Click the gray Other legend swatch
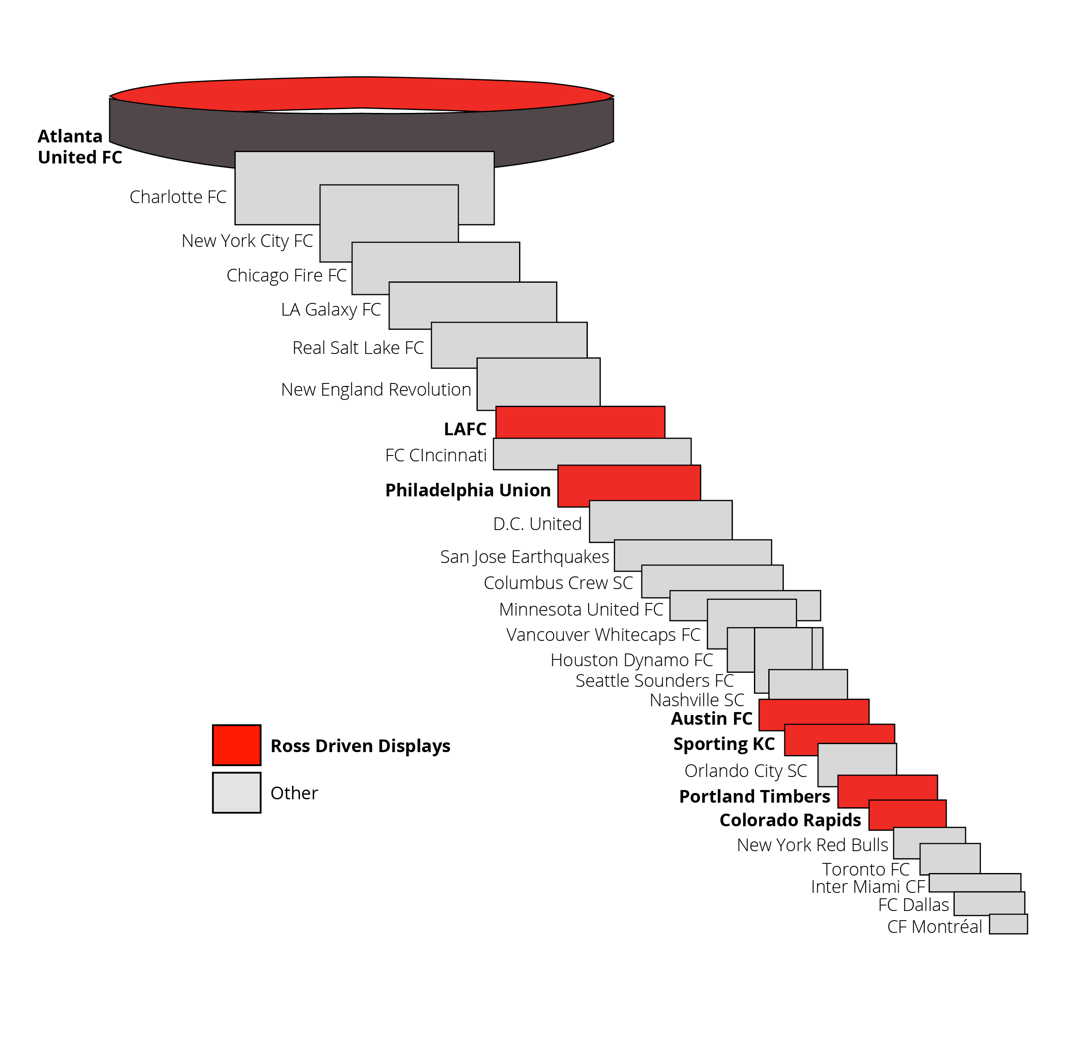(x=237, y=793)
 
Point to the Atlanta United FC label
(x=80, y=147)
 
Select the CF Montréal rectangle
(x=1008, y=924)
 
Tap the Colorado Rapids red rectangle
(x=907, y=814)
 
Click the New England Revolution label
(x=376, y=389)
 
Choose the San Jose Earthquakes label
(x=525, y=557)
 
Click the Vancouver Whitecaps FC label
(x=603, y=635)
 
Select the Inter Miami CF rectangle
(x=975, y=882)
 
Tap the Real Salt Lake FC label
(x=358, y=348)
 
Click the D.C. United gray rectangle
(x=660, y=521)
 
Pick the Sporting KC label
(x=724, y=744)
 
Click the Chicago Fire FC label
(x=286, y=275)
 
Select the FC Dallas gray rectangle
(x=989, y=903)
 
